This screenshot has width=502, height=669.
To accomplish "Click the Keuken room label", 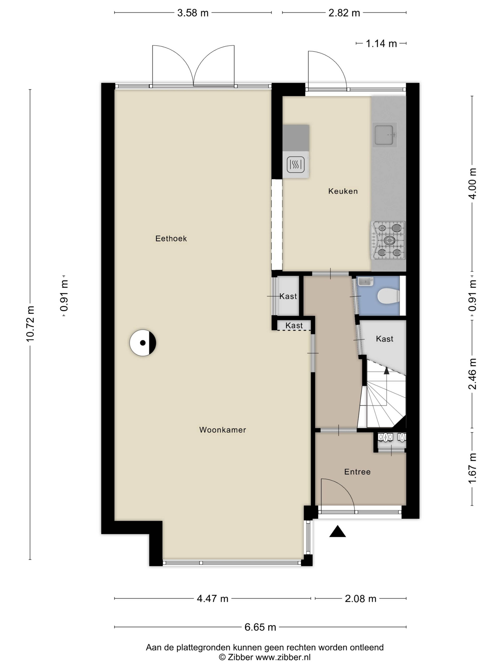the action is (343, 191).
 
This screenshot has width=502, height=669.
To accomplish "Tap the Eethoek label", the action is (171, 239).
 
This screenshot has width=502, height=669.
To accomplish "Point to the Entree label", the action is (357, 472).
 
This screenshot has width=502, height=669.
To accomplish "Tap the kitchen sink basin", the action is (384, 135).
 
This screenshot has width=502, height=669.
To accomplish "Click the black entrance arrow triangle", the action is (337, 531).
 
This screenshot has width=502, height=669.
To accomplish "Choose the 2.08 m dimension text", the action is (360, 599).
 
